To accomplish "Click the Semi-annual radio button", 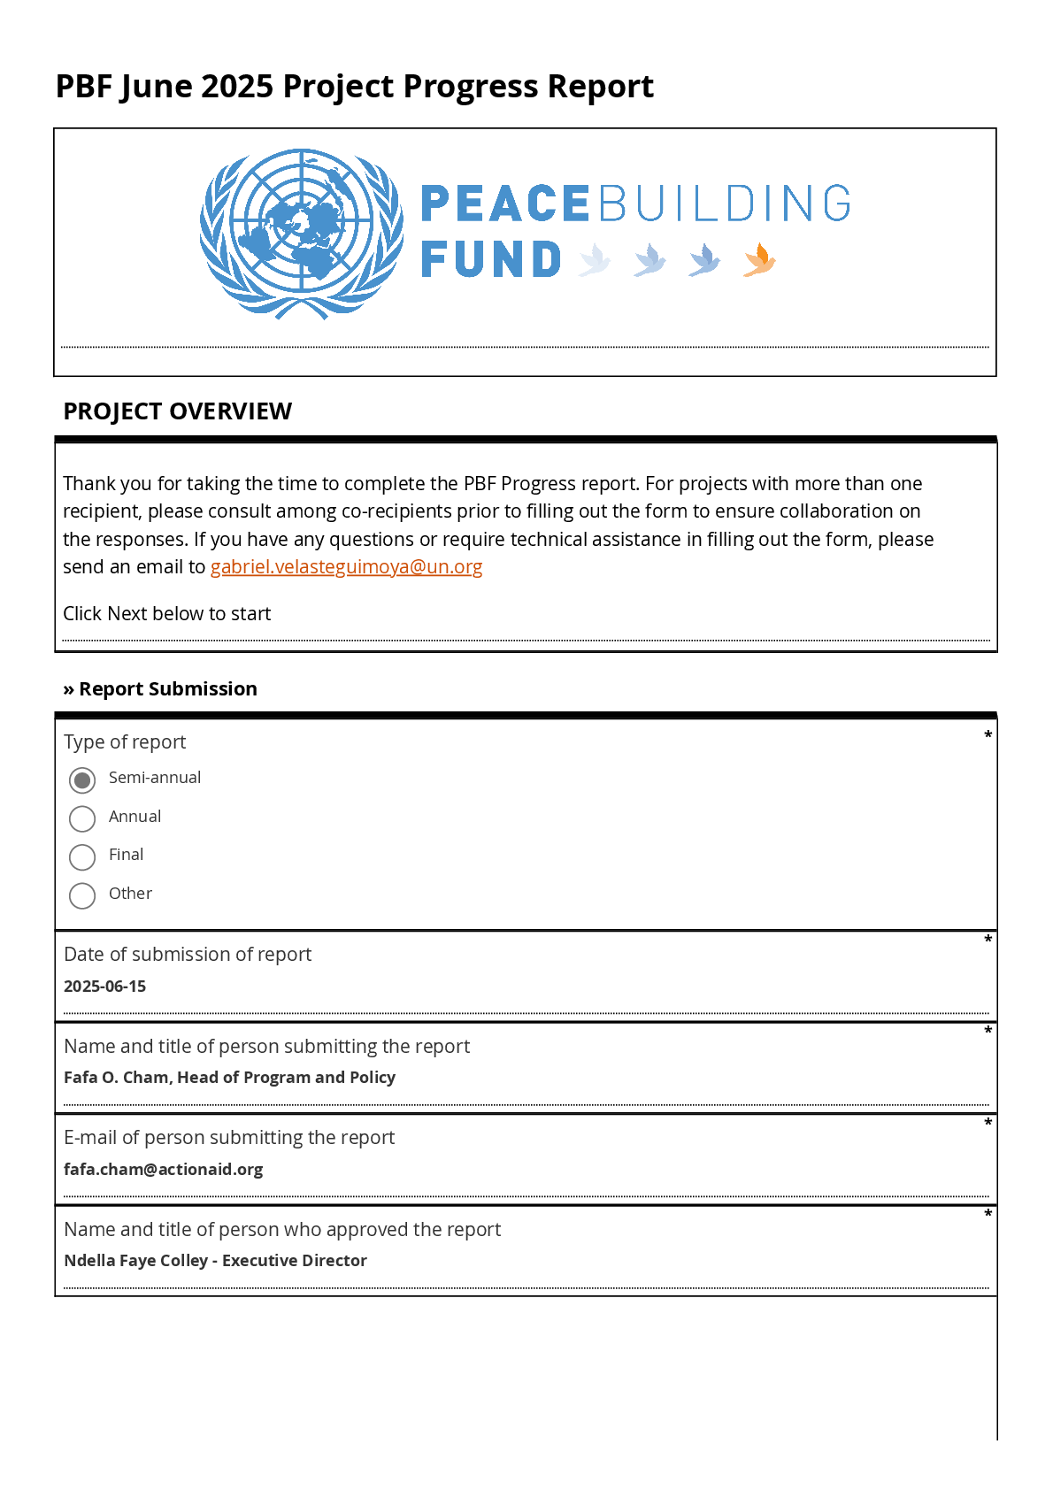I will point(82,780).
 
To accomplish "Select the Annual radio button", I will point(82,818).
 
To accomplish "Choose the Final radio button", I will point(82,857).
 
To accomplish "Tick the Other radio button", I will point(82,895).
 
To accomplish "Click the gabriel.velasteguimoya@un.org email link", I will point(346,567).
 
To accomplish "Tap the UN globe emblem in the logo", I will point(302,234).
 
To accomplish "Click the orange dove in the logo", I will point(759,260).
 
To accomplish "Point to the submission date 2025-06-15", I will point(104,987).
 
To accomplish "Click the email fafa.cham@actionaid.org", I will point(163,1170).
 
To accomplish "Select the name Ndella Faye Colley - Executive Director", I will point(215,1261).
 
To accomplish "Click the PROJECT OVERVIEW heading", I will point(177,411).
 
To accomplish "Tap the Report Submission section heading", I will point(160,689).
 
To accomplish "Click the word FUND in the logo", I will point(491,260).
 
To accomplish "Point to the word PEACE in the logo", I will point(504,204).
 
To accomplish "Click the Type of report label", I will point(125,742).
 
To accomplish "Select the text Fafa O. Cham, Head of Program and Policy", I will point(229,1078).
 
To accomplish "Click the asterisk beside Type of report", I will point(988,735).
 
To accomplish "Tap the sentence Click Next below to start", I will point(166,614).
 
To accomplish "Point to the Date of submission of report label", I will point(188,955).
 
